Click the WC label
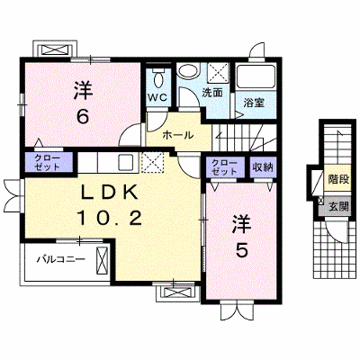[x=158, y=97]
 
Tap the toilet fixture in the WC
[x=158, y=77]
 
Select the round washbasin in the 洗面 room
[x=188, y=72]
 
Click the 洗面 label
[x=212, y=93]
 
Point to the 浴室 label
[x=254, y=103]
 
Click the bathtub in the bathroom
[x=256, y=77]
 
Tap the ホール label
[x=178, y=135]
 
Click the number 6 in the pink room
[x=82, y=116]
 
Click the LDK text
[x=110, y=193]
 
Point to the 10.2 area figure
[x=110, y=218]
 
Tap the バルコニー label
[x=61, y=259]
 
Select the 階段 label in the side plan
[x=338, y=179]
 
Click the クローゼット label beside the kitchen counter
[x=48, y=162]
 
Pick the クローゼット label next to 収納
[x=224, y=167]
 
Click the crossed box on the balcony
[x=102, y=260]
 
